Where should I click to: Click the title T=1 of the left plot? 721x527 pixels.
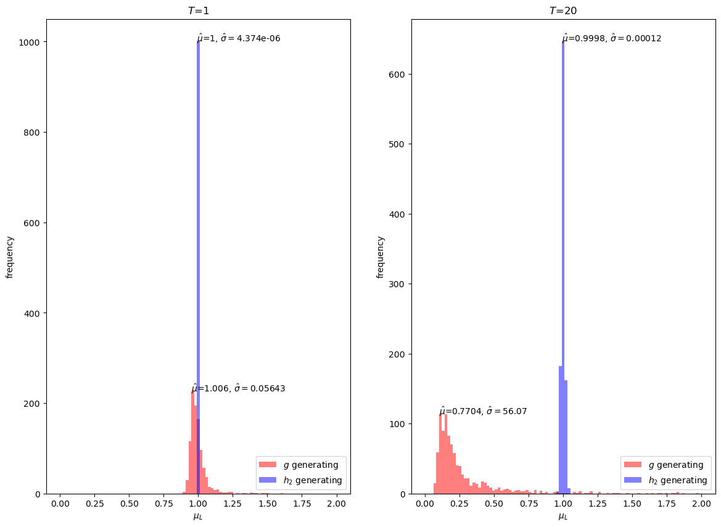(x=198, y=10)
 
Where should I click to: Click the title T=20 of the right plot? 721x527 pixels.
(x=563, y=10)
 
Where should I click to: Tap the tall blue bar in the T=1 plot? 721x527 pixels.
(x=198, y=247)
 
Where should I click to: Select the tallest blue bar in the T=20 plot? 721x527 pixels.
(x=563, y=247)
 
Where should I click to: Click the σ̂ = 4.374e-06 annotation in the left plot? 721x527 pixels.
(x=250, y=38)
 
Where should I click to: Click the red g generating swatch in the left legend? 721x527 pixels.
(x=268, y=465)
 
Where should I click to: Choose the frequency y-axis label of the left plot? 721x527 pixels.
(x=10, y=256)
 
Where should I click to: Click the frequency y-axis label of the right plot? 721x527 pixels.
(x=381, y=256)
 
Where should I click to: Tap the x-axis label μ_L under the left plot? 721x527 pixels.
(x=198, y=516)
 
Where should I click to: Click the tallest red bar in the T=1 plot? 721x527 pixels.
(x=193, y=444)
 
